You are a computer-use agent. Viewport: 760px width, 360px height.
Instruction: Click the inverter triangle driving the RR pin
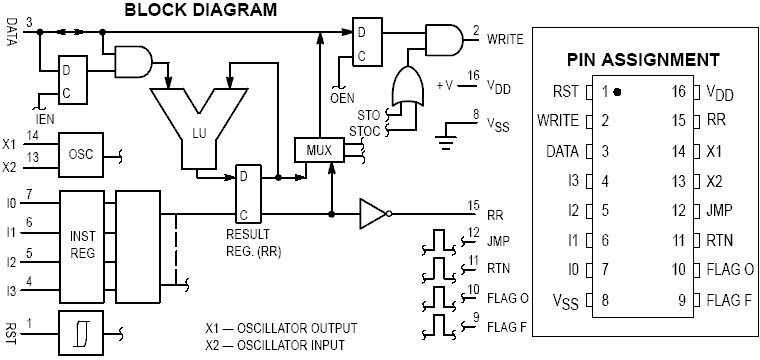pos(374,212)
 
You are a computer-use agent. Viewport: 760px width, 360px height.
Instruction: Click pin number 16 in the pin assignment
pos(678,92)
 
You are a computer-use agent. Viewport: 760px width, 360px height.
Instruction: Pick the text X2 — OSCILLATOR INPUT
pos(281,345)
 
